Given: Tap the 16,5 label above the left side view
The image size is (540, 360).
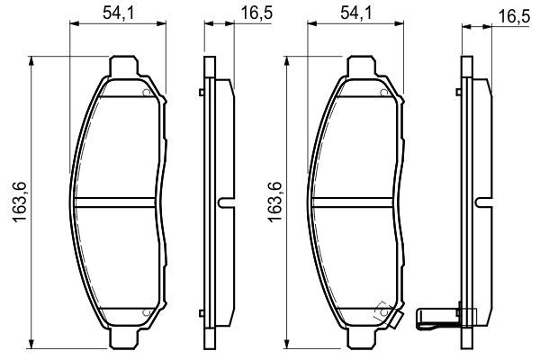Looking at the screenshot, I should coord(253,13).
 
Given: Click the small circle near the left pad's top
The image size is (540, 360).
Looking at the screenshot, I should coord(146,91).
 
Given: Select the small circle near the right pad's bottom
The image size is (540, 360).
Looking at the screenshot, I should coord(384,311).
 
